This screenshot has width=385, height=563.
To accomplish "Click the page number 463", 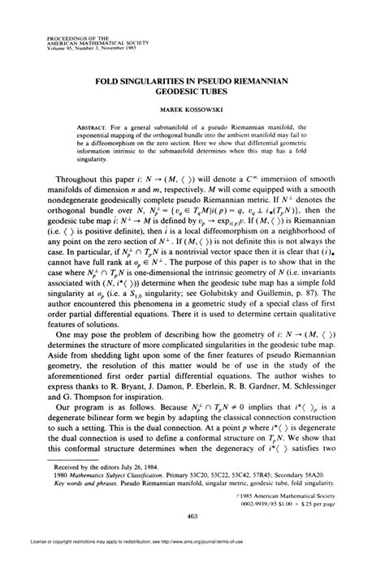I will click(x=192, y=516).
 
